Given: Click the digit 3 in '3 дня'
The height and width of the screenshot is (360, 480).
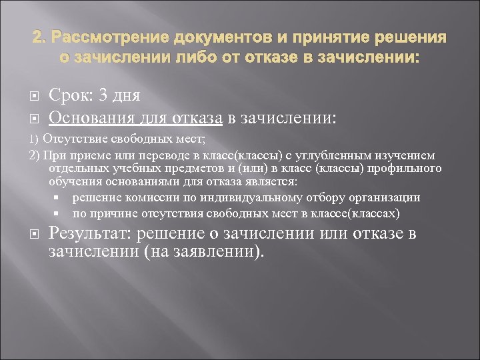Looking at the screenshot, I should (x=103, y=95).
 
